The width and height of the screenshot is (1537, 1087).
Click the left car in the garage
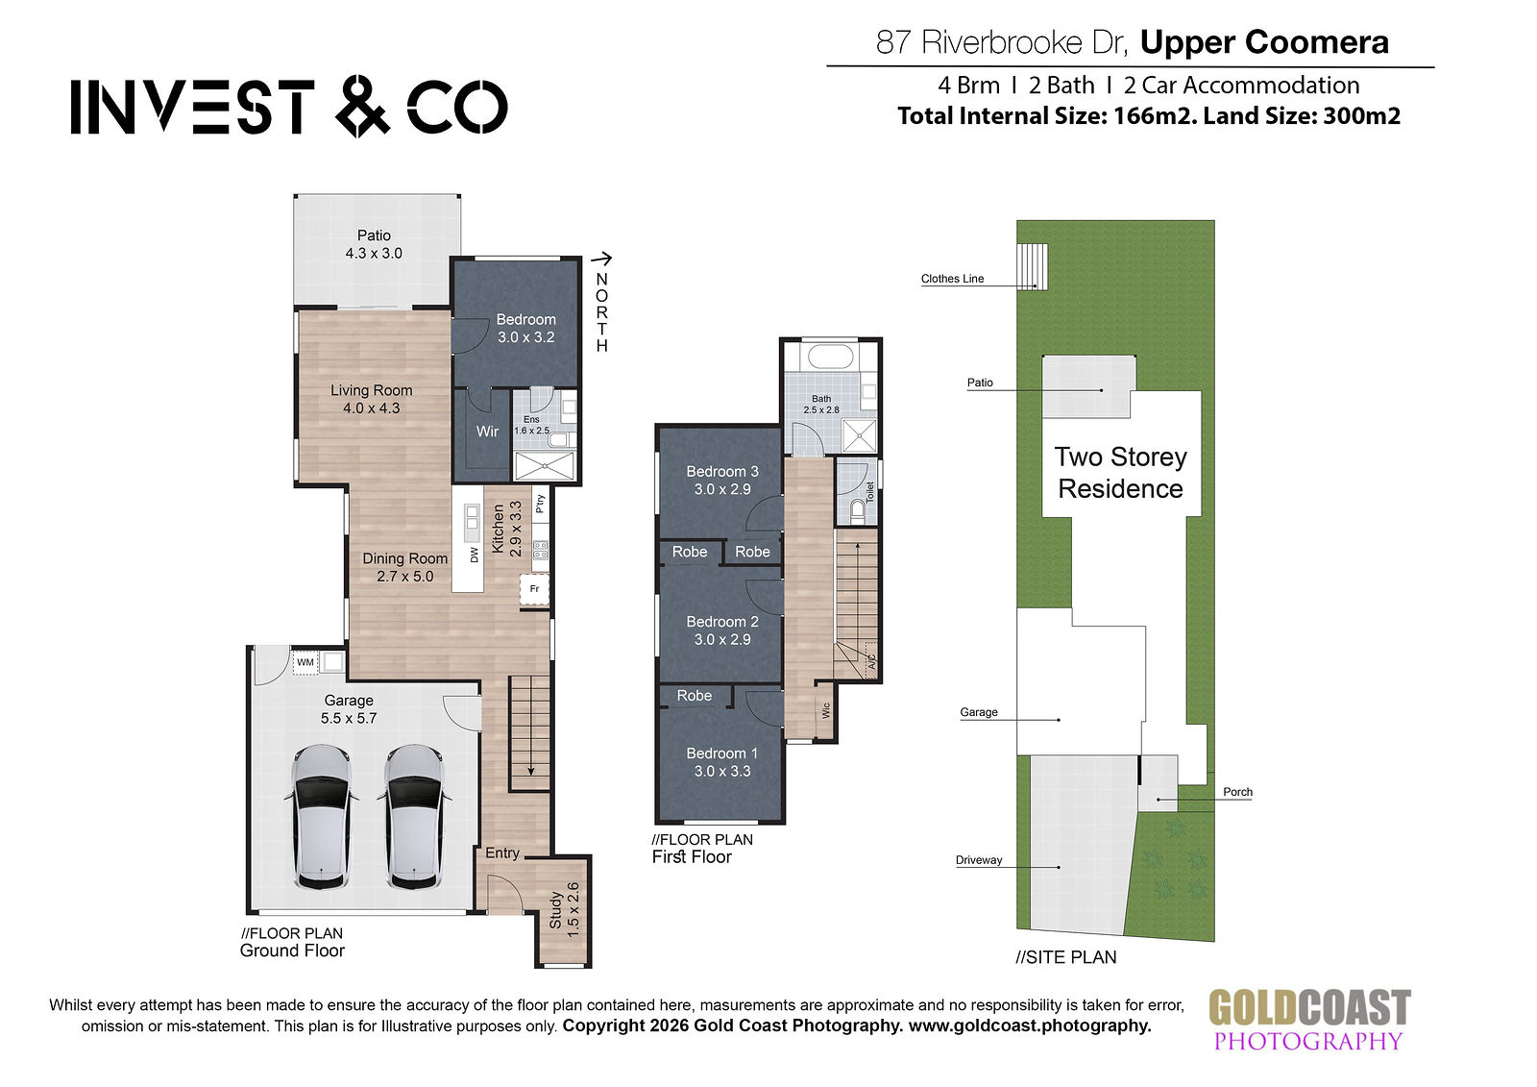tap(321, 817)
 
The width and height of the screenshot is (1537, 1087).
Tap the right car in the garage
tap(414, 817)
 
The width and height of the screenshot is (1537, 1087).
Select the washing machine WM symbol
tap(305, 662)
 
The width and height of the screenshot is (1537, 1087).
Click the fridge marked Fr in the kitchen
tap(534, 588)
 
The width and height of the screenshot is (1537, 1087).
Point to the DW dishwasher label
tap(475, 555)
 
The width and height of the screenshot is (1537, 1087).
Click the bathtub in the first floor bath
tap(830, 357)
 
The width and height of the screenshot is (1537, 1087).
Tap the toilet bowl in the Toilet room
tap(857, 509)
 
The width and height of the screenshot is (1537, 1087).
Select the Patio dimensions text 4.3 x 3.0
tap(374, 254)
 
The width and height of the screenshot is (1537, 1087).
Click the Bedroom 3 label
tap(722, 472)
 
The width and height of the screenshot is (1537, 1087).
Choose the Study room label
tap(556, 910)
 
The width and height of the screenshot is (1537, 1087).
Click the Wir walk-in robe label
tap(487, 432)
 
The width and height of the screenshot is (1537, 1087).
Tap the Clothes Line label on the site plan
tap(952, 279)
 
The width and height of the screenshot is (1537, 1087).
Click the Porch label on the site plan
tap(1238, 792)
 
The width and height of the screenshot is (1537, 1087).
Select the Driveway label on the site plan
tap(979, 860)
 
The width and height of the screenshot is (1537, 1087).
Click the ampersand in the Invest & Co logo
tap(363, 107)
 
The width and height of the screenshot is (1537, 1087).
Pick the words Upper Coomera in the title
tap(1264, 42)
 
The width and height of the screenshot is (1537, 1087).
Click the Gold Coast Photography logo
tap(1309, 1021)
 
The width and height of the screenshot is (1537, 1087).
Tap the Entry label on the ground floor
tap(502, 852)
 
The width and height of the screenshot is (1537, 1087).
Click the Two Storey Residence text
tap(1121, 473)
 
